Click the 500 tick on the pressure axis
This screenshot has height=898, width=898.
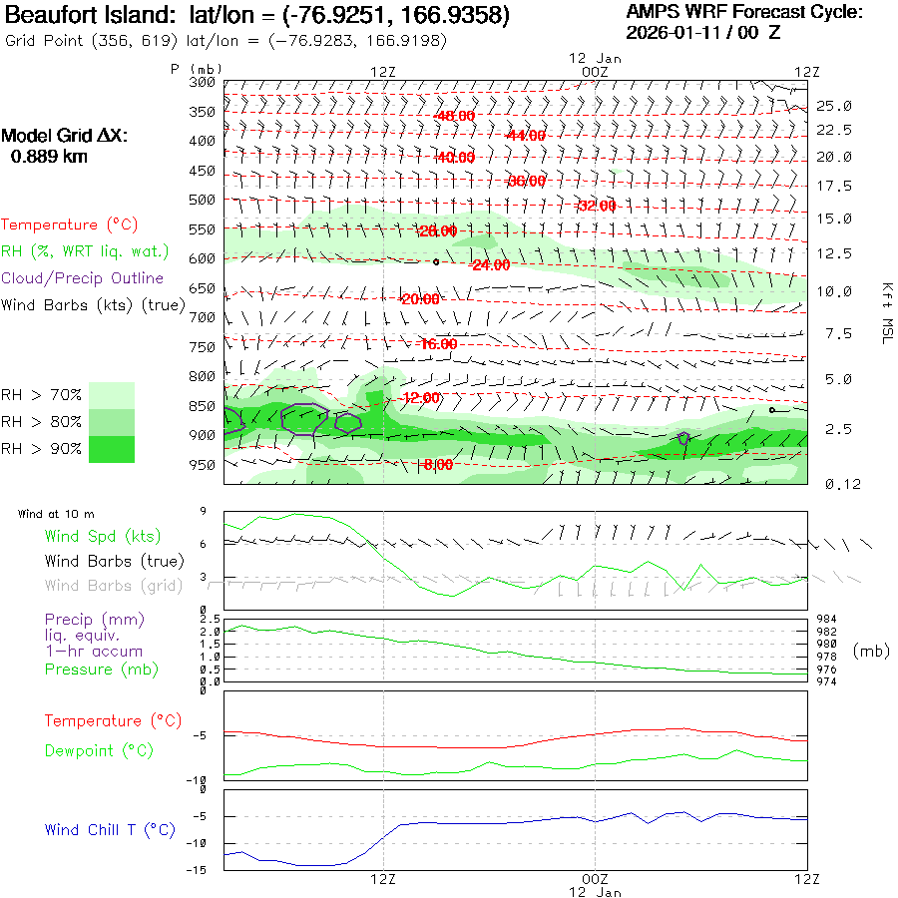coord(203,200)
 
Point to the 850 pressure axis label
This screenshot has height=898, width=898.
coord(203,406)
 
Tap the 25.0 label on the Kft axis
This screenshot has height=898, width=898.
coord(834,106)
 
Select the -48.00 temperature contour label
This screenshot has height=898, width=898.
coord(455,116)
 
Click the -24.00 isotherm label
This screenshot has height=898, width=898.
coord(490,265)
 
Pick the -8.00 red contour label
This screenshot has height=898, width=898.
coord(437,465)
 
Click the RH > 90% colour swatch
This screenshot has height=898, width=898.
coord(112,450)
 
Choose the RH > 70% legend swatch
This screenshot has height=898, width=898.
coord(112,395)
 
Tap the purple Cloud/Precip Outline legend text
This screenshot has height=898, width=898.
coord(83,278)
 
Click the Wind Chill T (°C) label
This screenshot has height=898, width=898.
coord(110,829)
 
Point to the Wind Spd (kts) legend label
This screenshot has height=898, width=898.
coord(102,537)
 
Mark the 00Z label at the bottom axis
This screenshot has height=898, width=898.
coord(595,878)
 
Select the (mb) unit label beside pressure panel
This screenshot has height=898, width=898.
coord(869,651)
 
